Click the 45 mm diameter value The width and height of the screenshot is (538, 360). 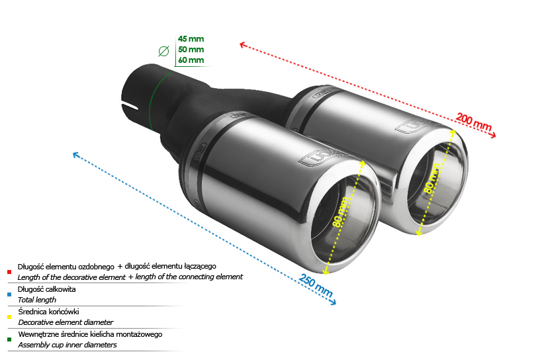pos(191,39)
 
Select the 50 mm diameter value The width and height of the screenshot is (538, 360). pos(191,50)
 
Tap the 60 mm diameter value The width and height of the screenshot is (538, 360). pos(191,60)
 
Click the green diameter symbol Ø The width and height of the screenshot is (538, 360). pos(163,51)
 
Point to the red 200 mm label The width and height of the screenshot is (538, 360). pos(474,122)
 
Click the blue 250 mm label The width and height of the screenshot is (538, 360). pos(316,285)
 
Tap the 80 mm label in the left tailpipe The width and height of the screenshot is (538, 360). pos(340,212)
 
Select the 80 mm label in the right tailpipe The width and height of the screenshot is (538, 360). pos(432,178)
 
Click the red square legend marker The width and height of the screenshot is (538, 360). pos(9,272)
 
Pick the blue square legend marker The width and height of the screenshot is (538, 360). pos(9,294)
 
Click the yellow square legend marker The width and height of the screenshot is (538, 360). pos(9,317)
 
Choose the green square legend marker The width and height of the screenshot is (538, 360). pos(9,339)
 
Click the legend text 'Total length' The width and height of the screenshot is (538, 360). pos(36,300)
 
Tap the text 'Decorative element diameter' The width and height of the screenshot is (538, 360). pos(66,322)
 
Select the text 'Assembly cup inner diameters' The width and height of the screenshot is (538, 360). pos(67,345)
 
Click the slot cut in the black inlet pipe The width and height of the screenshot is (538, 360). pos(130,106)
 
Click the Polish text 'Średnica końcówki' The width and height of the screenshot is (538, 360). pos(48,312)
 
